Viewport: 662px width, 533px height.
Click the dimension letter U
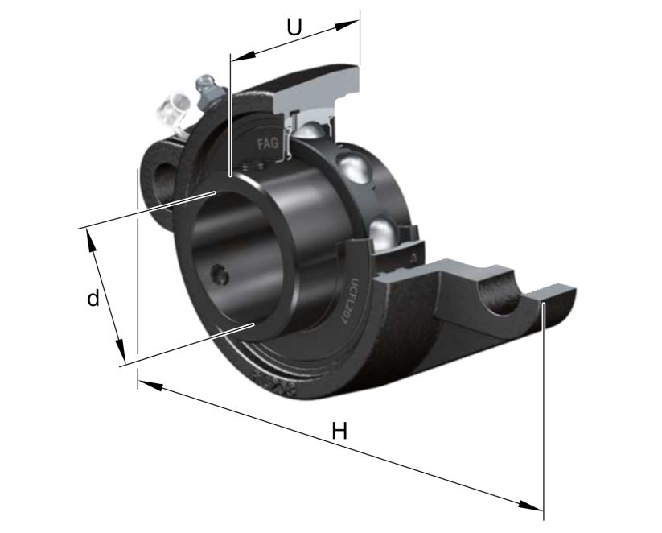(x=294, y=28)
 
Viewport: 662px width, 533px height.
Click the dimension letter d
(x=93, y=299)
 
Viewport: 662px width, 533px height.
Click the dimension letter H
(x=339, y=431)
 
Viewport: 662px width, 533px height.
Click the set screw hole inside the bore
(x=219, y=275)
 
